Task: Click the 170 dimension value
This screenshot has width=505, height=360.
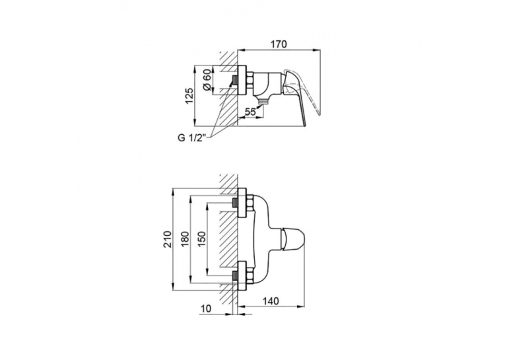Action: click(279, 44)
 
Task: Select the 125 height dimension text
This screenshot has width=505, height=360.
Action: click(189, 96)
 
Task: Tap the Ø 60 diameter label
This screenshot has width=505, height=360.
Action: click(207, 80)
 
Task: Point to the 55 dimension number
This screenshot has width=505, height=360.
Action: click(250, 112)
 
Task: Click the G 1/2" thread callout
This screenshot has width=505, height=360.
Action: click(191, 139)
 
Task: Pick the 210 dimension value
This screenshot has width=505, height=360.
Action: click(168, 239)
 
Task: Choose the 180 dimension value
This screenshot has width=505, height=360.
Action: click(186, 239)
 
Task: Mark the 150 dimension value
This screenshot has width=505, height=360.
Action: click(201, 239)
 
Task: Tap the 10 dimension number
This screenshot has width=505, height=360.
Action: click(205, 308)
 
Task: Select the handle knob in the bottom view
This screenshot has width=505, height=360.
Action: click(292, 239)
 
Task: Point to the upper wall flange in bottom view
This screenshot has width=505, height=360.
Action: click(242, 203)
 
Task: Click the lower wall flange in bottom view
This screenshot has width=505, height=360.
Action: click(242, 275)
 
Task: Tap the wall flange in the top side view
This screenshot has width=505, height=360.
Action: click(242, 81)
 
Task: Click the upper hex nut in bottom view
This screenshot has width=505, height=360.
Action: click(250, 203)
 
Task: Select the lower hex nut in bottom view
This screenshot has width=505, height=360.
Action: click(250, 275)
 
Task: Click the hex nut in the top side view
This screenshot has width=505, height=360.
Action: click(250, 81)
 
